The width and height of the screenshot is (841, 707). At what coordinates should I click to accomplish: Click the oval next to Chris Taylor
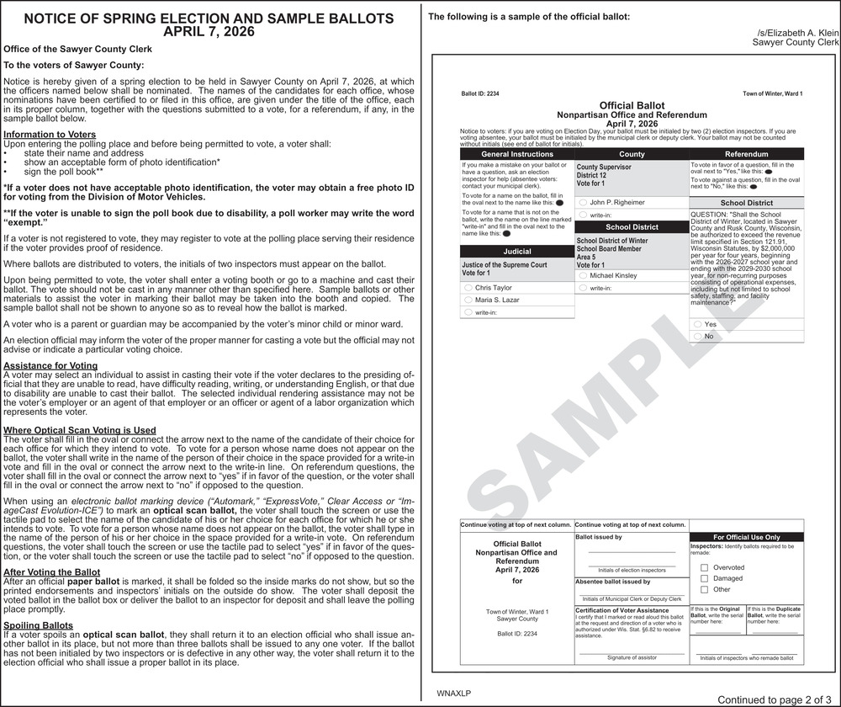click(x=468, y=288)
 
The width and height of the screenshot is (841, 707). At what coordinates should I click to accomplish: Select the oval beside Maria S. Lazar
click(x=468, y=300)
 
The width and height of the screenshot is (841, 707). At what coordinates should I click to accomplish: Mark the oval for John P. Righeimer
click(x=583, y=203)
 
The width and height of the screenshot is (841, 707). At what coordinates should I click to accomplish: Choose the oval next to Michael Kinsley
click(x=583, y=276)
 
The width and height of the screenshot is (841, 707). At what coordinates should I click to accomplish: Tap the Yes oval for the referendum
click(x=698, y=324)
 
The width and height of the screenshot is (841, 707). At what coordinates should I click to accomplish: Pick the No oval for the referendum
click(x=698, y=337)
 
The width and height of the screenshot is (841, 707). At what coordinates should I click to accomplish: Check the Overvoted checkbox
click(x=705, y=567)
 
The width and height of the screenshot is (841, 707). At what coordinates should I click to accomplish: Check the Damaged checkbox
click(x=705, y=578)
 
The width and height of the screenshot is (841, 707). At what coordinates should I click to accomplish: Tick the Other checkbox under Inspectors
click(x=705, y=589)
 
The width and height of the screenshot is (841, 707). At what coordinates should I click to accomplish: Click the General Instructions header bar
click(x=517, y=155)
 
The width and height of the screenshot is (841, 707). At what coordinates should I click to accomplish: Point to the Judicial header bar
click(x=517, y=252)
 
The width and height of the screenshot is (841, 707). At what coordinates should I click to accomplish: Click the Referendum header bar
click(x=746, y=155)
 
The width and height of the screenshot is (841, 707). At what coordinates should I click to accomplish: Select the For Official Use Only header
click(x=746, y=537)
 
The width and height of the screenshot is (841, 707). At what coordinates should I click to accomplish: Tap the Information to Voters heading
click(x=50, y=135)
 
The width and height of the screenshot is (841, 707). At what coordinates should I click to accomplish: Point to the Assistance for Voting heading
click(x=50, y=365)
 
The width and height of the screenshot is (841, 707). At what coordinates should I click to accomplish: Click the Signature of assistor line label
click(x=632, y=657)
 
